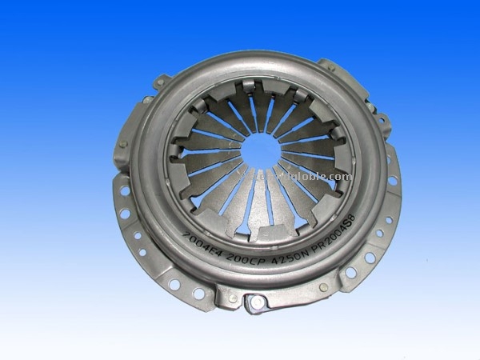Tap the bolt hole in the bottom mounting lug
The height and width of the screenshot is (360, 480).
(254, 302)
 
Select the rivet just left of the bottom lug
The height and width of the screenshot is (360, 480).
(232, 298)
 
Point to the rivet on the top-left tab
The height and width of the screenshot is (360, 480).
(148, 99)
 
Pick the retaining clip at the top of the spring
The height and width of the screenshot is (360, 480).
(264, 84)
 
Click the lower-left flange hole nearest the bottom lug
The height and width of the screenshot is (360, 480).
(197, 293)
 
